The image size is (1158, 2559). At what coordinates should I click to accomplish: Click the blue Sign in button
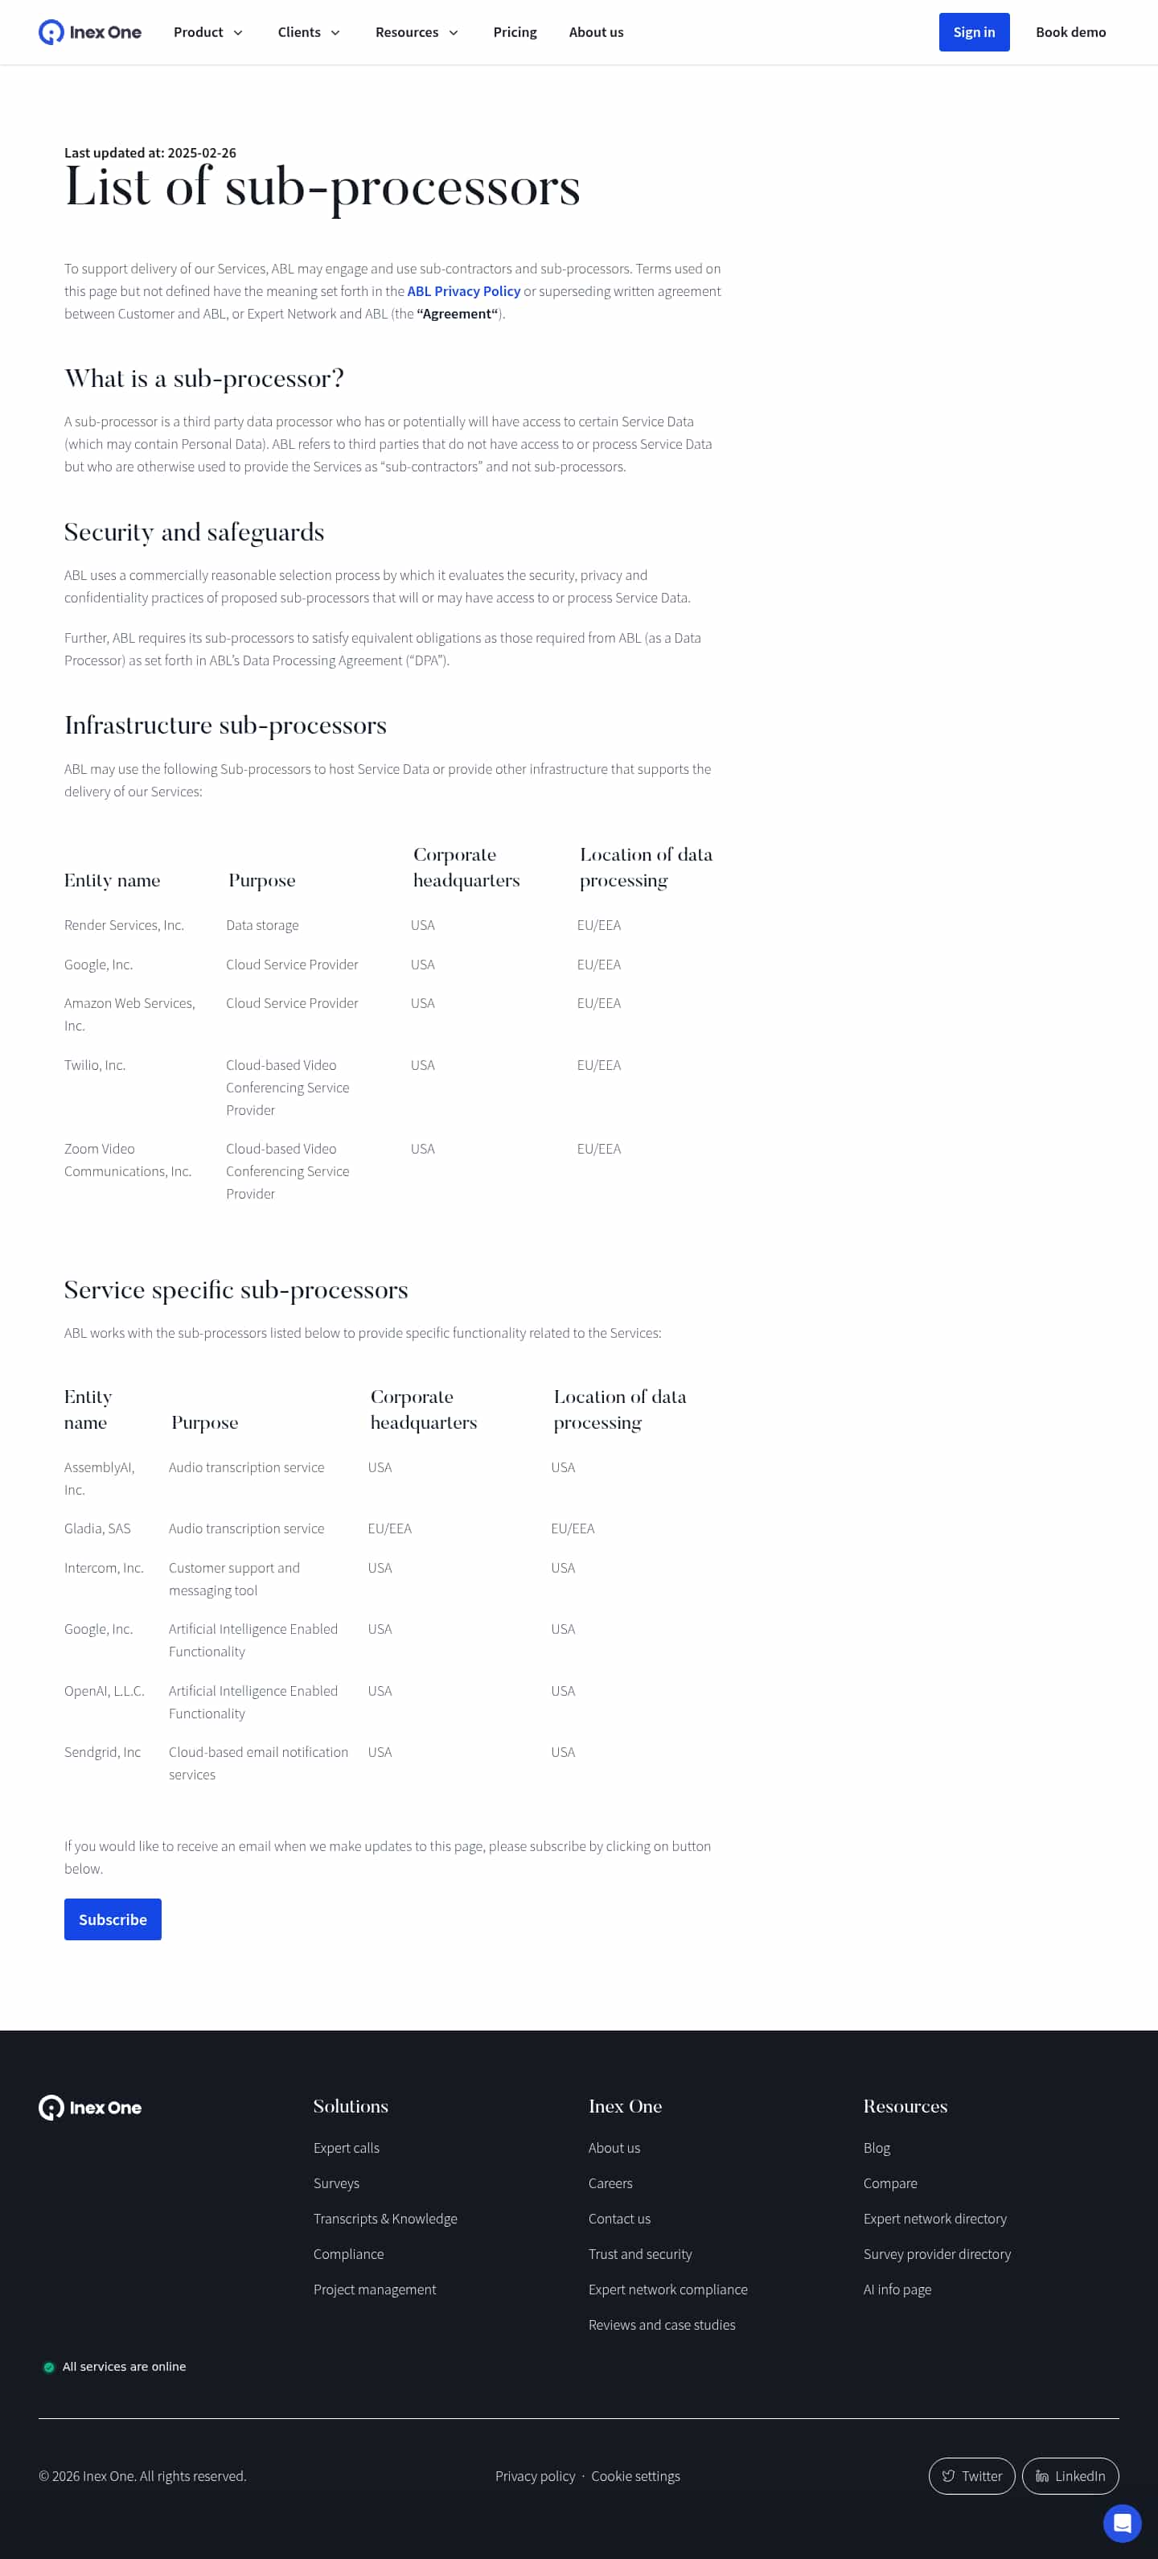click(x=973, y=32)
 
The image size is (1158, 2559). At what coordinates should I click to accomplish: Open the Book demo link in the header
click(x=1070, y=32)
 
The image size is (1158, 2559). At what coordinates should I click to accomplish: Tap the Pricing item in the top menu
click(x=515, y=32)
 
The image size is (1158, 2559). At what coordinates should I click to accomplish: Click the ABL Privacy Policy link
click(x=463, y=291)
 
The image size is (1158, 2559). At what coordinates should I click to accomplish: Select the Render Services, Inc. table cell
click(x=124, y=925)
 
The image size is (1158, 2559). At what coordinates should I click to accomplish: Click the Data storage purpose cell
click(x=262, y=925)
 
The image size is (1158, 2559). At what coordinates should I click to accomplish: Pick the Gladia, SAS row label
click(x=97, y=1528)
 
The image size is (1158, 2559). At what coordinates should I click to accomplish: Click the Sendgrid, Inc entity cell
click(x=102, y=1752)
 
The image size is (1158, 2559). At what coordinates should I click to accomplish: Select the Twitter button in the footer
click(x=971, y=2475)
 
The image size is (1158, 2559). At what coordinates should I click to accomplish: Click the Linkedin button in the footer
click(x=1070, y=2475)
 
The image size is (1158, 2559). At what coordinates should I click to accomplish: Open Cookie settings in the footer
click(x=635, y=2475)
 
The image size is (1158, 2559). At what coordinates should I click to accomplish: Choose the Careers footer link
click(x=610, y=2183)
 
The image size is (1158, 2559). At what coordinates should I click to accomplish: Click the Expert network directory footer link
click(x=934, y=2218)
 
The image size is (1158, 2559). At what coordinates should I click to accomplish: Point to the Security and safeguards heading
click(x=195, y=533)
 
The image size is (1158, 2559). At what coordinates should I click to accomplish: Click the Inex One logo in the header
click(x=89, y=32)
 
